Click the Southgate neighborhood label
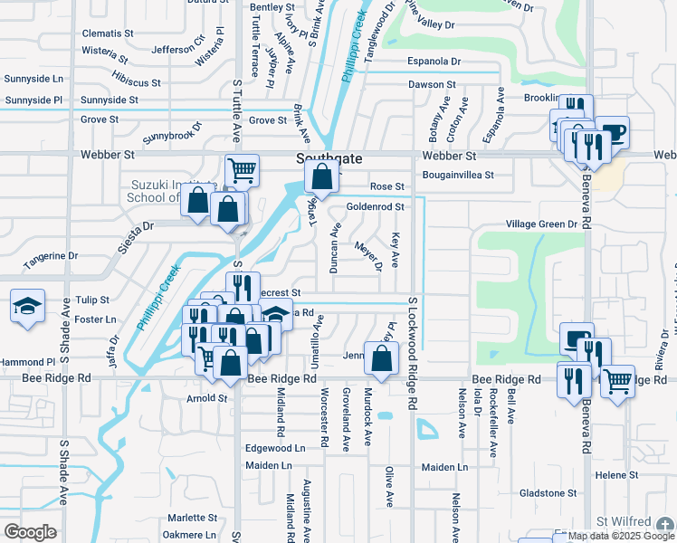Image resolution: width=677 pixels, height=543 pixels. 329,158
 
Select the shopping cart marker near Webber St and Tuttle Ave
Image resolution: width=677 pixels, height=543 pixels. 242,169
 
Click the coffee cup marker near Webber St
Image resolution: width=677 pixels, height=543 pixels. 612,132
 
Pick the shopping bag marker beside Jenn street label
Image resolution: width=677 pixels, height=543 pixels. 381,357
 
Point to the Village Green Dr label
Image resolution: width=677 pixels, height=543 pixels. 541,224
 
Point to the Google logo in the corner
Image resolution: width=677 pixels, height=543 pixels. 29,531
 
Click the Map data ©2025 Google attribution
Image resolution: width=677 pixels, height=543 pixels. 622,536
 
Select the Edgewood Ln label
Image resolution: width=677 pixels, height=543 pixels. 275,448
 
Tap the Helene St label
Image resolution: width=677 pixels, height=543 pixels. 616,474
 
